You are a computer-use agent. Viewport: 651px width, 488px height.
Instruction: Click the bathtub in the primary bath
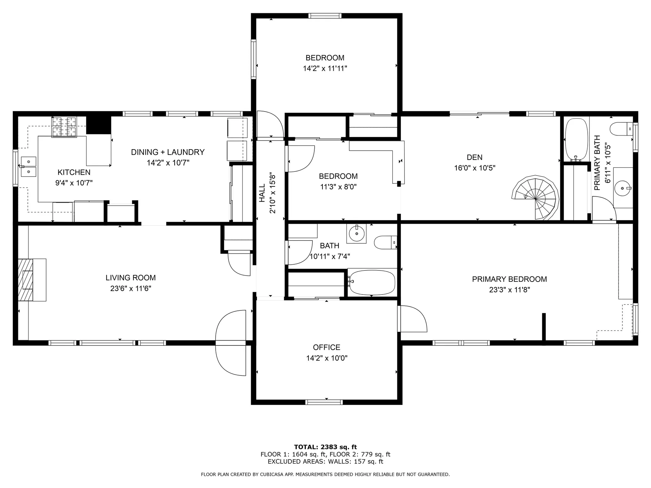point(576,139)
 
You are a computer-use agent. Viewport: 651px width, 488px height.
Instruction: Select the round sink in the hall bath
point(356,233)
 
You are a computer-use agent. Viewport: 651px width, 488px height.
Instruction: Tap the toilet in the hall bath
point(385,242)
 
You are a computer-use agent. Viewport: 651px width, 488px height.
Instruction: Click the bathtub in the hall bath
point(372,282)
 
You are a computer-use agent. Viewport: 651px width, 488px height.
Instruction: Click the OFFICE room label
point(326,347)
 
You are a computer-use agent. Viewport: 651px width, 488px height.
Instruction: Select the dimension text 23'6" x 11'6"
point(131,288)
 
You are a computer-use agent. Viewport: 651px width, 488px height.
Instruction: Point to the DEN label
point(474,157)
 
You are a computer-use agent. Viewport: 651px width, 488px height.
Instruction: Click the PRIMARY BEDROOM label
point(509,279)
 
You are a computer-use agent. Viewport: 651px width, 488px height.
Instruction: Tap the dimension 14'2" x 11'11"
point(325,68)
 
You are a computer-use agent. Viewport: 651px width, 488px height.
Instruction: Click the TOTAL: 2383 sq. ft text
point(325,447)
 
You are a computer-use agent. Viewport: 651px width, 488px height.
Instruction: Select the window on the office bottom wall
point(324,402)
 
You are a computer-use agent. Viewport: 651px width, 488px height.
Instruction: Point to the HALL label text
point(262,193)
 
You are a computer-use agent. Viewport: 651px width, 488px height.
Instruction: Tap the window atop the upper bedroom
point(324,16)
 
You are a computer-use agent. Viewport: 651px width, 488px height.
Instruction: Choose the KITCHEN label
point(74,172)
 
